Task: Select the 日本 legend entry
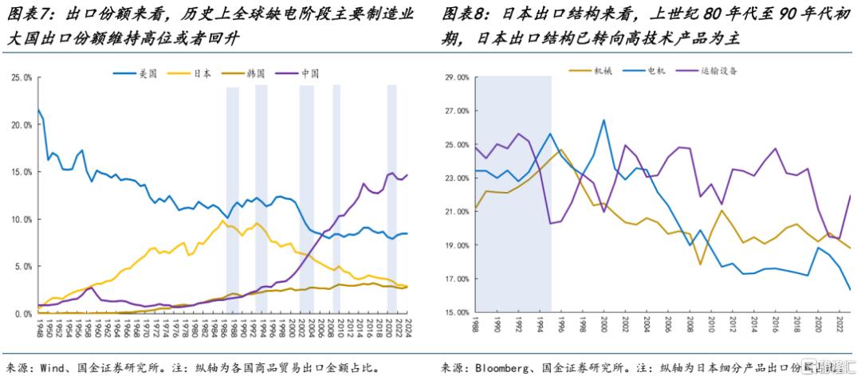(202, 73)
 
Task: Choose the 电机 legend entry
(654, 70)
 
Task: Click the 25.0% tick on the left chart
(22, 77)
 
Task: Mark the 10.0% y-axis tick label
(22, 219)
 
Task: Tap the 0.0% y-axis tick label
(23, 313)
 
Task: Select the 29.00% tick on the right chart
(454, 77)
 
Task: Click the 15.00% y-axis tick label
(454, 312)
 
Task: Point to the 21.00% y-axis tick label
(454, 212)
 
